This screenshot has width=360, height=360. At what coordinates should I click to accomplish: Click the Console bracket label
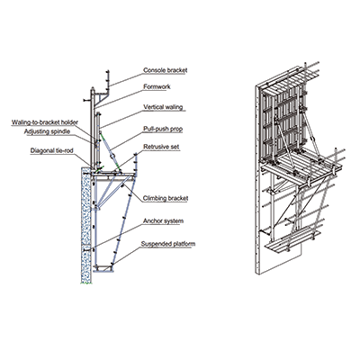166,70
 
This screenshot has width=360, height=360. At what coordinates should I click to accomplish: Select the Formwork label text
157,86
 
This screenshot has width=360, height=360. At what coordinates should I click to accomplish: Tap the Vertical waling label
163,107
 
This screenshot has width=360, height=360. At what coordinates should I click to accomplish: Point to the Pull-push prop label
163,129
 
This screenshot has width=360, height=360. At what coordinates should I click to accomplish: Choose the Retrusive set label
161,147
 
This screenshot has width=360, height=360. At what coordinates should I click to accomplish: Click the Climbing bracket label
166,198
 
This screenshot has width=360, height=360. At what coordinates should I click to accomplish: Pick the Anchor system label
163,221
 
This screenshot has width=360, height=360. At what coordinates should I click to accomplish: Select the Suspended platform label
168,244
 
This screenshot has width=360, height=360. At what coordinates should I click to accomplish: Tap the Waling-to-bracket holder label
45,122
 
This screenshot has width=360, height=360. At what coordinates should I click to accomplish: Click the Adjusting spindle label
47,131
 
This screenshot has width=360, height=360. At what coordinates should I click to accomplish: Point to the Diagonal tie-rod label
51,150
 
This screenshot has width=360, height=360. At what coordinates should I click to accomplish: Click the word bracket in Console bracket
176,70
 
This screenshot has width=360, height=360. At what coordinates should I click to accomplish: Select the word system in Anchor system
173,221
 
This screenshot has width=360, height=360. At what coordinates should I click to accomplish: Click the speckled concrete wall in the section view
86,225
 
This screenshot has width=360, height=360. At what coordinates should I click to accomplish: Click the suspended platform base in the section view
103,268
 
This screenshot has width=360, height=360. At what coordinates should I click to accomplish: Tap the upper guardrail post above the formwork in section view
108,78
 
